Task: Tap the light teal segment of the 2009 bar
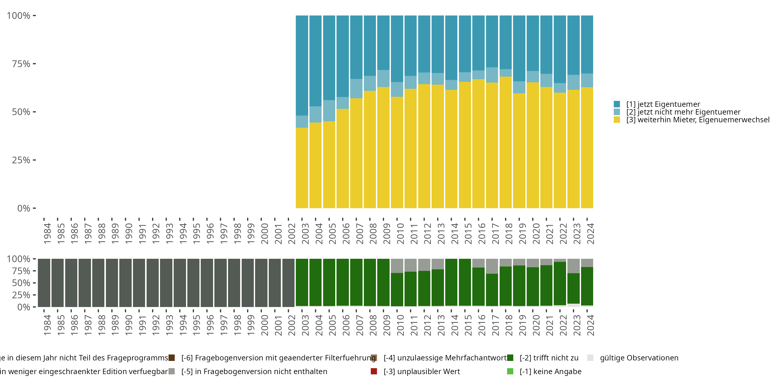pos(383,78)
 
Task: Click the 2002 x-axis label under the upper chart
pos(291,234)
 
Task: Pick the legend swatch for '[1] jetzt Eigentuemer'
pos(617,104)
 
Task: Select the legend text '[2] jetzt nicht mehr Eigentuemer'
pos(683,112)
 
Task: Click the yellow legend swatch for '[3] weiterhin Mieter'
pos(617,120)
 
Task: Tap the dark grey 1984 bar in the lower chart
pos(44,283)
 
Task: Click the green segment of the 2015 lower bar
pos(465,282)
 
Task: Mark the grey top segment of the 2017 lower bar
pos(492,266)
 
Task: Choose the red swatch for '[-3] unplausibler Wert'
pos(374,371)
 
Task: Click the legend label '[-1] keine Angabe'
pos(550,371)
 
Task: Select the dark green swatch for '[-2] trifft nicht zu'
pos(510,358)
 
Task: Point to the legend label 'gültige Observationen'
pos(639,358)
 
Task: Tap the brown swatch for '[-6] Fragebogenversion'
pos(172,358)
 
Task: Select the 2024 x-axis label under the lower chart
pos(590,325)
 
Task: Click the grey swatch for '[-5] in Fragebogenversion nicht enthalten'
pos(172,371)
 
